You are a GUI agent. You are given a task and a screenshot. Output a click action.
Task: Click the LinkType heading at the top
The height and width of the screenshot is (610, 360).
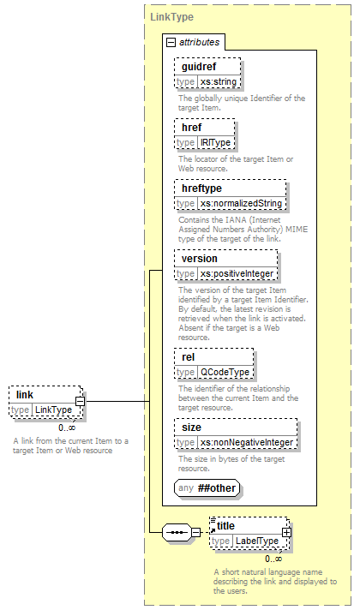[x=171, y=17]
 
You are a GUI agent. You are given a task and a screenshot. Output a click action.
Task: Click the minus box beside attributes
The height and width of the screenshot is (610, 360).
[x=171, y=42]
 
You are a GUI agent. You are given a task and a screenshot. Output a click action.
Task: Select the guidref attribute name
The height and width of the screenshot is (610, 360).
[x=199, y=67]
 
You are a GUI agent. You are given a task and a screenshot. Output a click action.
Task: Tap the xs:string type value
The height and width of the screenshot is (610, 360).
[x=219, y=81]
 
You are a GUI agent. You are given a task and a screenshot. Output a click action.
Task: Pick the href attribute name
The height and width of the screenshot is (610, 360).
[x=191, y=127]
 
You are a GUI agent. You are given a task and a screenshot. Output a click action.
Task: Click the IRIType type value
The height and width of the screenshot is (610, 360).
[x=216, y=142]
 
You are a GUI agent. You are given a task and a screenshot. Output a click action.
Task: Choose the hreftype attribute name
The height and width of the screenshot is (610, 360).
[x=201, y=188]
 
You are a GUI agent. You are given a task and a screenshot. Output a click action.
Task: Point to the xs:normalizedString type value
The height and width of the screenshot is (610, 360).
[x=241, y=203]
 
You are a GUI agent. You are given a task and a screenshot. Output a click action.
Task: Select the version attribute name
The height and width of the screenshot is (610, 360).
[x=199, y=259]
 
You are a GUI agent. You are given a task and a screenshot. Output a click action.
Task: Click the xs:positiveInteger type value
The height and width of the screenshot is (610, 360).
[x=237, y=273]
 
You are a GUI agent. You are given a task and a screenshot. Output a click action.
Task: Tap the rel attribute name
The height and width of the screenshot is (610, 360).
[x=188, y=357]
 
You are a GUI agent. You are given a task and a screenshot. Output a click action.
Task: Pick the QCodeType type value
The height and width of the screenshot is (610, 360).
[x=225, y=372]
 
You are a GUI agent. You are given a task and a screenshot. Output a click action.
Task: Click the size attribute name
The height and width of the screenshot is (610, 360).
[x=191, y=428]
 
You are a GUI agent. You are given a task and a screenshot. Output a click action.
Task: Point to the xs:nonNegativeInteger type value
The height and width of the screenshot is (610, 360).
[x=247, y=442]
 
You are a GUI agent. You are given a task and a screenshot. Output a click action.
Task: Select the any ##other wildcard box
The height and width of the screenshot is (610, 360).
[x=207, y=487]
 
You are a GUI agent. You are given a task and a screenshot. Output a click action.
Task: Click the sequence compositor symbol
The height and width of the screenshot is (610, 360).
[x=177, y=532]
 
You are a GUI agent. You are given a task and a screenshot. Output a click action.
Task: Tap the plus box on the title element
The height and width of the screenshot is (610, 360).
[x=286, y=532]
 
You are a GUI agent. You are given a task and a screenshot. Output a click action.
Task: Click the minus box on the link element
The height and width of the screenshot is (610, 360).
[x=80, y=401]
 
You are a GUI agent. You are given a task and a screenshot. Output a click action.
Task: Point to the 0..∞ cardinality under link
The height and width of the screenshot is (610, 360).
[x=67, y=428]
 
